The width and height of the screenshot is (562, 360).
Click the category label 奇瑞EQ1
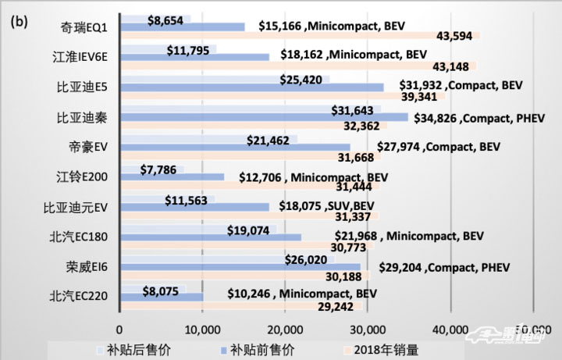pos(87,28)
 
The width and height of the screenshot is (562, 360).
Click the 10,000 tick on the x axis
pos(203,328)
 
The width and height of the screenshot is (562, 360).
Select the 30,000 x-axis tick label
pos(368,328)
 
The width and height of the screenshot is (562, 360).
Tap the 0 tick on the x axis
pos(120,328)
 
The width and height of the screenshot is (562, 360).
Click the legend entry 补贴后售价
pos(127,349)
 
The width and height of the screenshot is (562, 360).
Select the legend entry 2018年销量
pos(383,349)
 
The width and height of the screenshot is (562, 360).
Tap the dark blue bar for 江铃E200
pos(172,178)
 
